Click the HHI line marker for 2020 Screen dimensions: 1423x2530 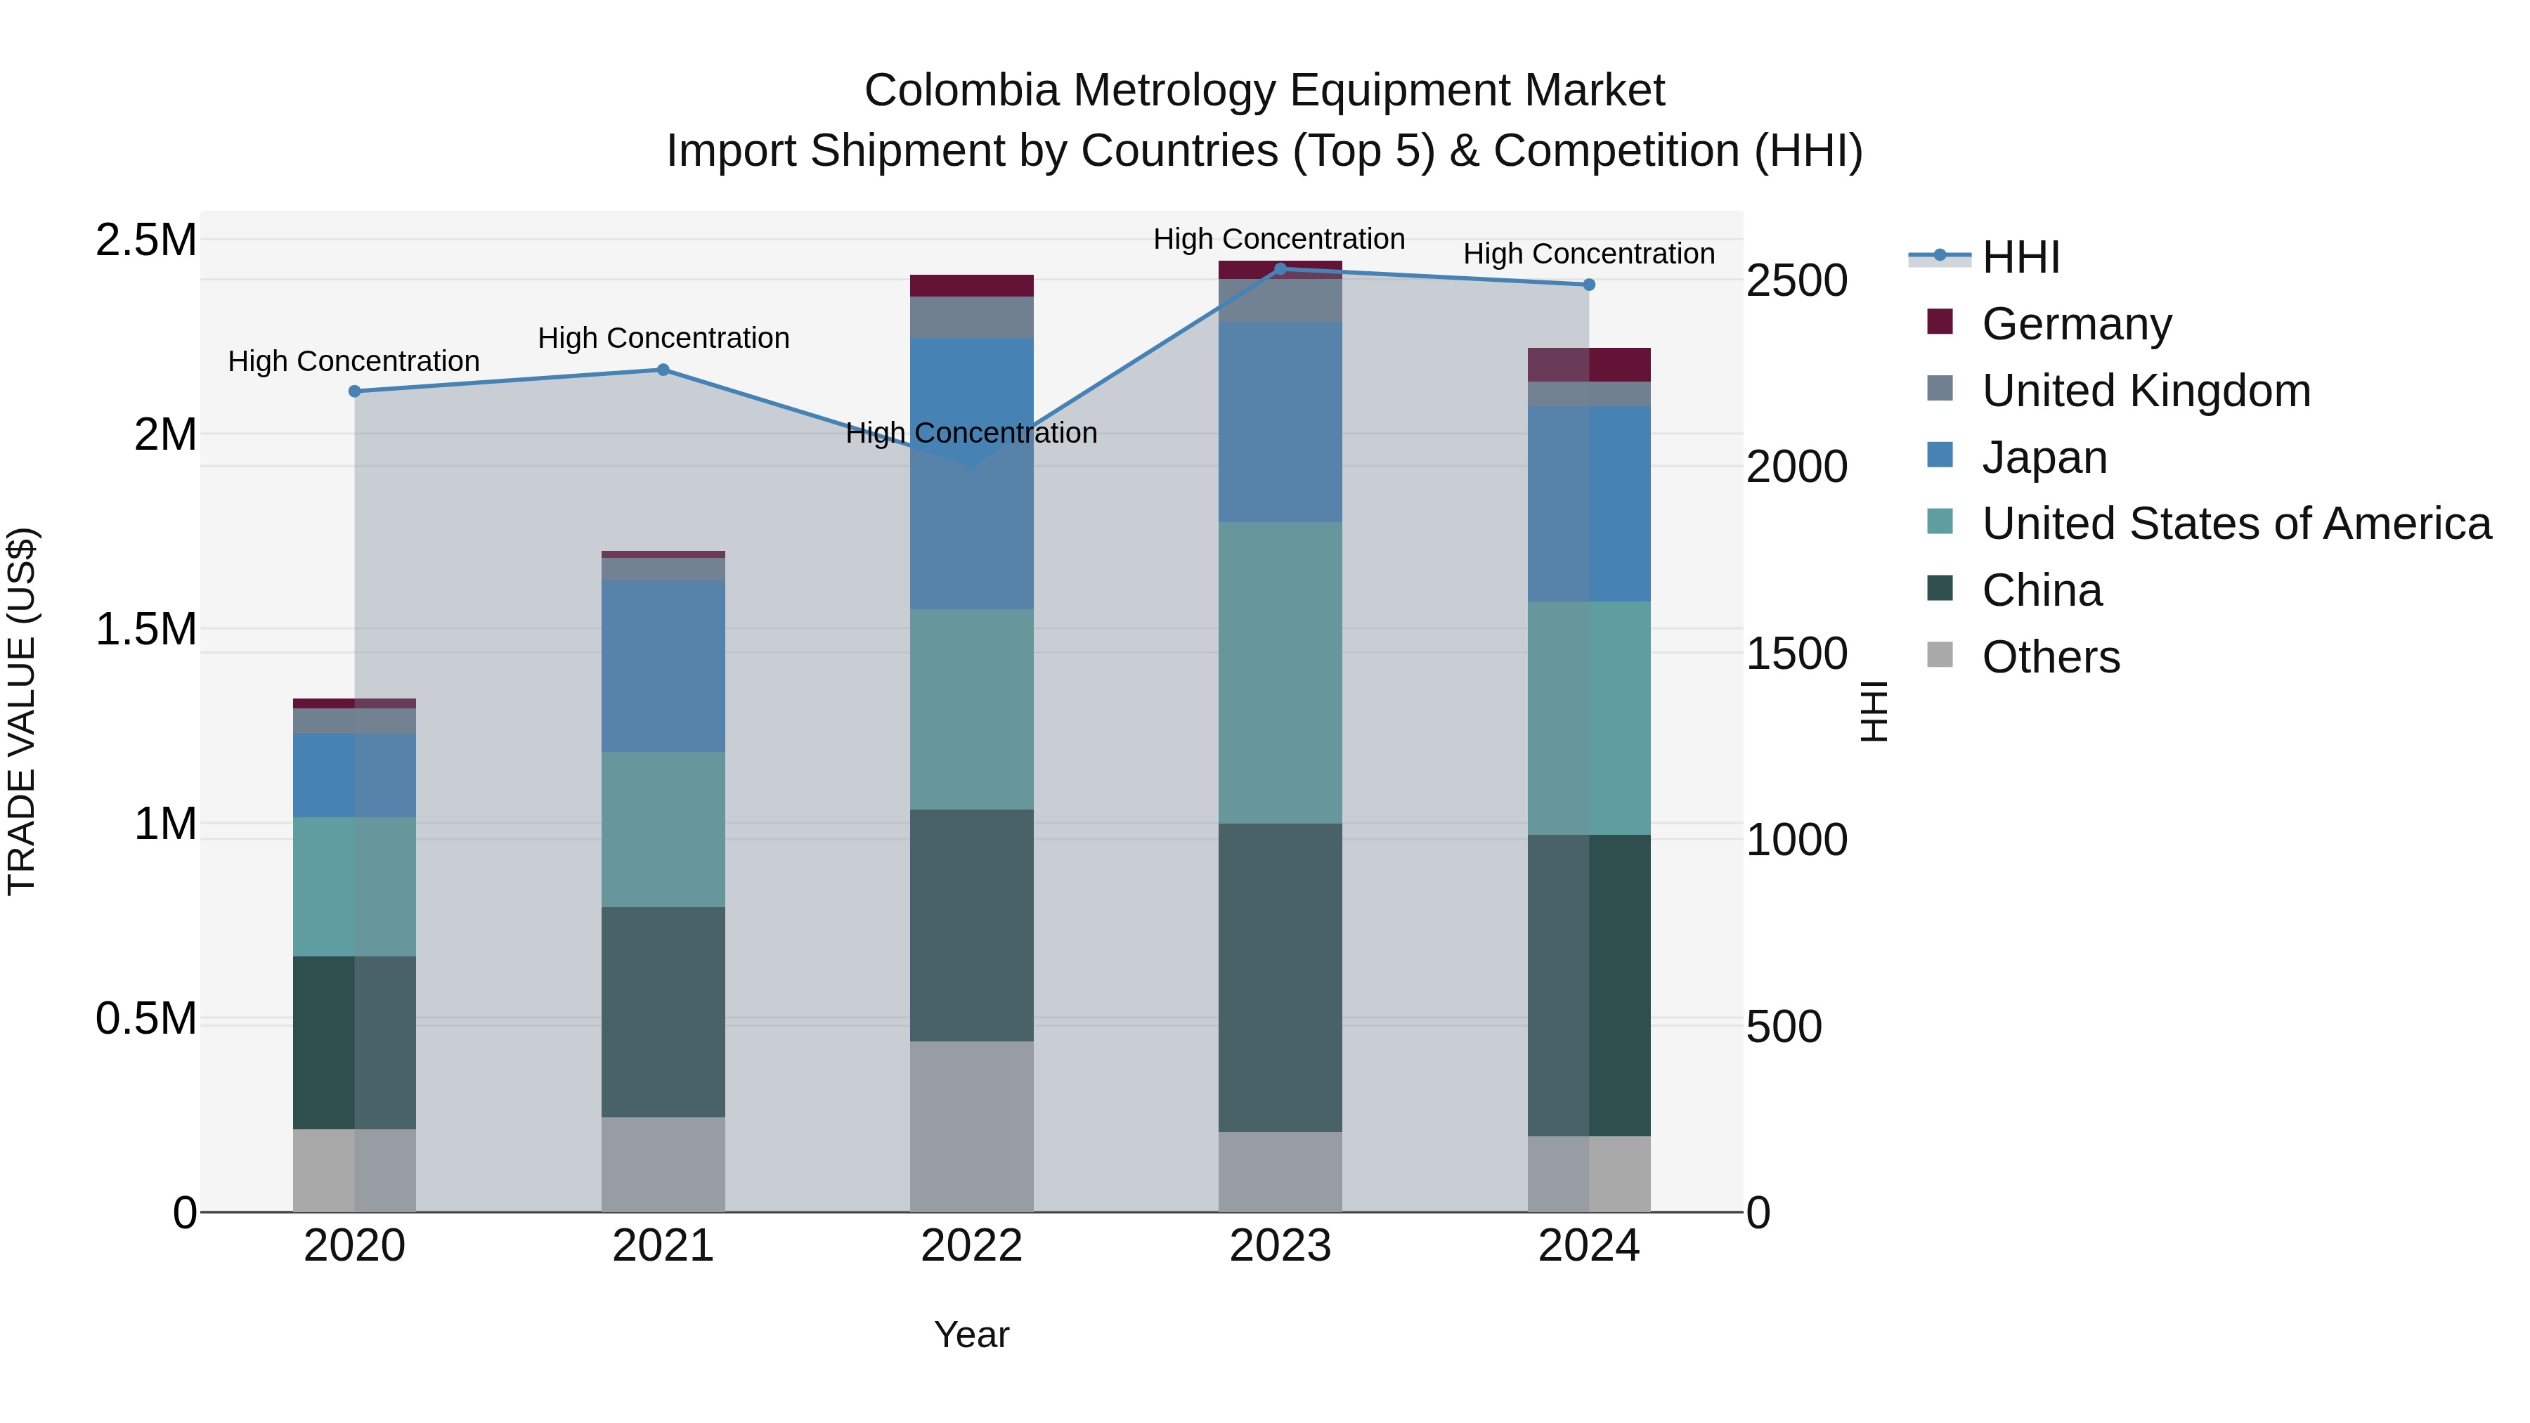point(355,391)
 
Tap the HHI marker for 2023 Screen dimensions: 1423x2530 point(1280,268)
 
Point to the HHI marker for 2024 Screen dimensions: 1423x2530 point(1589,285)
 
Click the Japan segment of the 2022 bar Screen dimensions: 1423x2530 point(971,474)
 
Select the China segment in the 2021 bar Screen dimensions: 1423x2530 point(663,1011)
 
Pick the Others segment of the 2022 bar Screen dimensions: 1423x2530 point(971,1126)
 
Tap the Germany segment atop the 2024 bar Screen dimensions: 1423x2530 point(1589,364)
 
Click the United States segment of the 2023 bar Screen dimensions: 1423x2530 point(1280,672)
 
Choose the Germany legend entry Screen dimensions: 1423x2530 point(2076,324)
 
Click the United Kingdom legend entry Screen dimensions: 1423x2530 point(2146,391)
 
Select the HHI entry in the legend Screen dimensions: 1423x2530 point(2020,257)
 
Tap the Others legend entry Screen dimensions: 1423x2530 point(2051,657)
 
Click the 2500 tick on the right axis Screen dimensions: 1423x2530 point(1796,281)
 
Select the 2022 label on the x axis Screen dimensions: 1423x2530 point(971,1246)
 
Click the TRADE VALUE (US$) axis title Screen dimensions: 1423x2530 point(22,711)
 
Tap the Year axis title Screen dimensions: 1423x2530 point(971,1334)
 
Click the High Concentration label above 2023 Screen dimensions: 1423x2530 point(1279,239)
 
